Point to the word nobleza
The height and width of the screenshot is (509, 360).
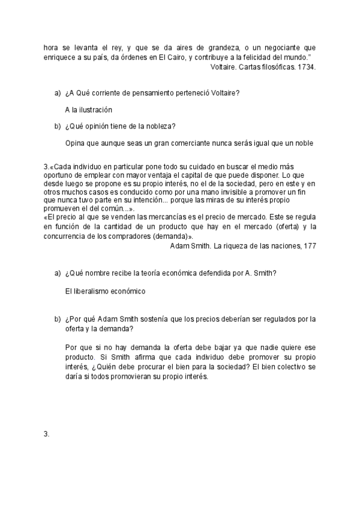[162, 126]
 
